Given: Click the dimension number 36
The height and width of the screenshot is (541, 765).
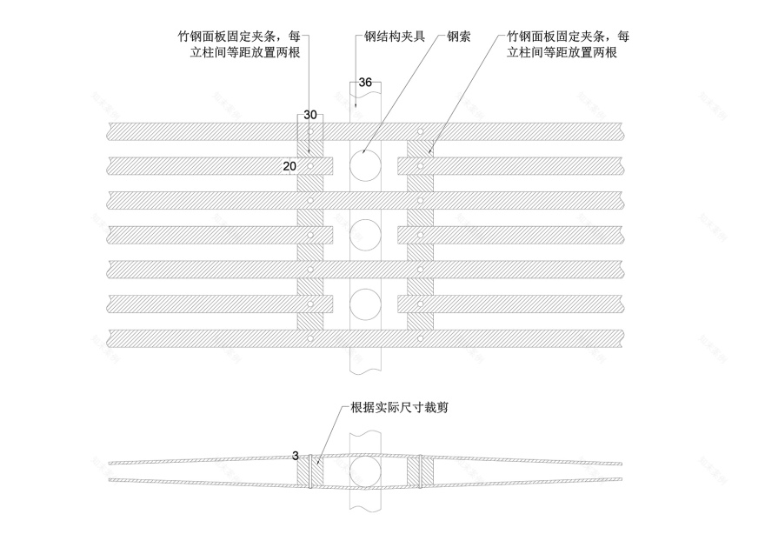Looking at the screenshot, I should click(365, 83).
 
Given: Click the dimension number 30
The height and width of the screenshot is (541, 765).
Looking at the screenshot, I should click(310, 114).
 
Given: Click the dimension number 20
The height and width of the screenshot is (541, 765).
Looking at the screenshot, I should click(289, 165).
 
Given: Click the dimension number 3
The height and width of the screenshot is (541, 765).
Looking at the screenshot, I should click(296, 456).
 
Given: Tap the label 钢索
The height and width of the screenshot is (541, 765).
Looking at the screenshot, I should click(458, 38).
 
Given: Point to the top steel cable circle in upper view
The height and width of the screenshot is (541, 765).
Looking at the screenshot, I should click(365, 164).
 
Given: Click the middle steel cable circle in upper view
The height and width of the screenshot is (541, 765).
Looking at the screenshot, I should click(365, 234).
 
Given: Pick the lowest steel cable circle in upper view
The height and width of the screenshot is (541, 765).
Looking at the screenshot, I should click(365, 304).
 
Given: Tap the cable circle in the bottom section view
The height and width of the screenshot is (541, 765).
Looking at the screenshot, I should click(365, 470).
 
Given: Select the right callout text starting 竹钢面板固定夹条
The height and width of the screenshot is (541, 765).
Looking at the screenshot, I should click(569, 45).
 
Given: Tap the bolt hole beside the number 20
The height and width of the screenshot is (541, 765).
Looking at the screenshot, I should click(309, 165).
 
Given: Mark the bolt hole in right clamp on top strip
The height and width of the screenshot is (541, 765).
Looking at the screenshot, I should click(420, 131).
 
